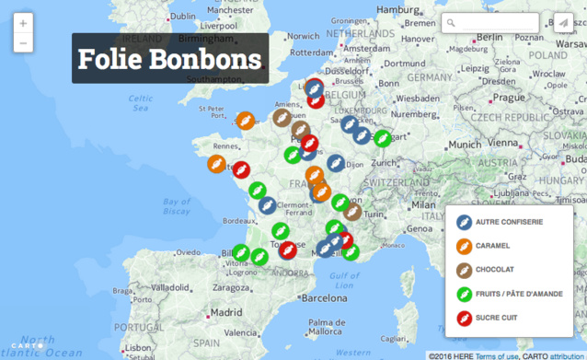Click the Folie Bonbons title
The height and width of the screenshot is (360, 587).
(x=170, y=59)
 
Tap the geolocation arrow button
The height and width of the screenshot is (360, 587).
(x=561, y=23)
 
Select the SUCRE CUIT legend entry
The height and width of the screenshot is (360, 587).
(x=497, y=319)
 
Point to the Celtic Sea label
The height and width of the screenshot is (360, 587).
(x=140, y=102)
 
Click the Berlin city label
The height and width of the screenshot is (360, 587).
(x=488, y=37)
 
